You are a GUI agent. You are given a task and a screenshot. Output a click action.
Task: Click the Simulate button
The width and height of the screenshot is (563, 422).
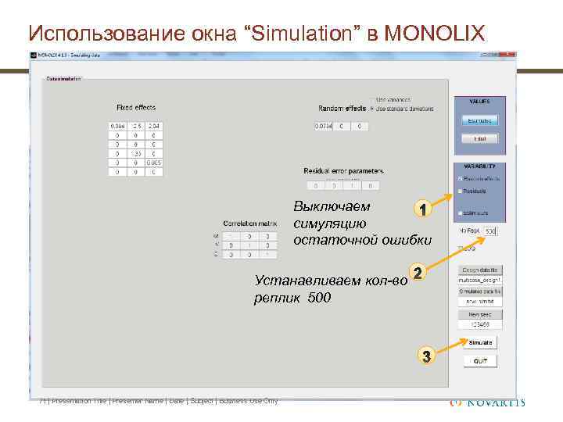[x=479, y=342]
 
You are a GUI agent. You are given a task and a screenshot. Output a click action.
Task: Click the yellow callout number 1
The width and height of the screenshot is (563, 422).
[x=421, y=210]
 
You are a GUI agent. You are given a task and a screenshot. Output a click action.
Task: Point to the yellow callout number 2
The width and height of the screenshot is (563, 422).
[x=418, y=274]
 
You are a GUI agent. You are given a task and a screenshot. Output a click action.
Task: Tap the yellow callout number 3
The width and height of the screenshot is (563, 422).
[x=426, y=357]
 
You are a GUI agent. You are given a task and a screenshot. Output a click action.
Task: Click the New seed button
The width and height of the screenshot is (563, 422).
[x=479, y=313]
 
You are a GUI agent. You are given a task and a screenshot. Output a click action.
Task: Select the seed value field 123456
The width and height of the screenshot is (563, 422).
[x=479, y=324]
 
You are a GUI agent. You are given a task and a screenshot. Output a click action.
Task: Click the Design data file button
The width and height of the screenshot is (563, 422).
[x=479, y=269]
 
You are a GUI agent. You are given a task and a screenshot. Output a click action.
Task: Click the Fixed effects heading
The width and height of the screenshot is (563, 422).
[x=136, y=108]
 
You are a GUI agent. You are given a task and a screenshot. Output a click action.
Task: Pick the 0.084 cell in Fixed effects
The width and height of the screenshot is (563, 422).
[x=117, y=126]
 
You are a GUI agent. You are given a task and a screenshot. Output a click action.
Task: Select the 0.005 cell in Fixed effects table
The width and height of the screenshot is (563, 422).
[x=156, y=162]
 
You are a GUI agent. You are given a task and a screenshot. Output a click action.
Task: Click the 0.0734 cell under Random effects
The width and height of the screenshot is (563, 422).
[x=323, y=126]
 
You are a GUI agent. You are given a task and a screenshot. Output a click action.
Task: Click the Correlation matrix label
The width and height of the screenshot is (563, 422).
[x=246, y=224]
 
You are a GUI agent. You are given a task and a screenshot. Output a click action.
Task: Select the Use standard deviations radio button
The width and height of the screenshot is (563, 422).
[x=372, y=109]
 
